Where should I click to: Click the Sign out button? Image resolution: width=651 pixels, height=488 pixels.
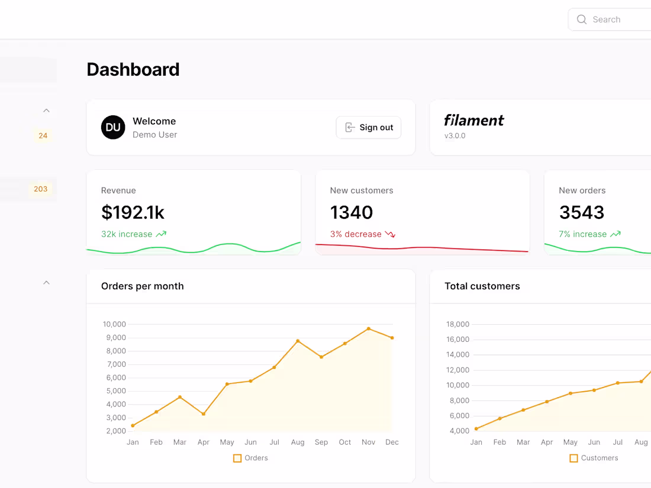(x=369, y=127)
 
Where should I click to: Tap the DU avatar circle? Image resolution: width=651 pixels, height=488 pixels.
(x=113, y=127)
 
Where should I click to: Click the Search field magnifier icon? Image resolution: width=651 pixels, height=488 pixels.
(x=582, y=20)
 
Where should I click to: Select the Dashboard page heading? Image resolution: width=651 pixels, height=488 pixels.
(x=133, y=70)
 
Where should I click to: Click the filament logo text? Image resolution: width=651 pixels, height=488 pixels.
(x=474, y=121)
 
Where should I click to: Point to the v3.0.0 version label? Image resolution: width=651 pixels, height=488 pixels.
(x=455, y=135)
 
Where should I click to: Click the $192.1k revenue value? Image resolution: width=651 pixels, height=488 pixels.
(x=133, y=212)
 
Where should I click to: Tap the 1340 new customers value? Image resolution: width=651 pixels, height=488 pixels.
(x=352, y=212)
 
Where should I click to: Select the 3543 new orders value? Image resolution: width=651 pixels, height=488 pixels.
(x=581, y=212)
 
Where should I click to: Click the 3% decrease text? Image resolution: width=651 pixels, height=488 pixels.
(x=356, y=234)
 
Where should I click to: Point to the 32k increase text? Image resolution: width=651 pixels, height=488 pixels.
(x=127, y=234)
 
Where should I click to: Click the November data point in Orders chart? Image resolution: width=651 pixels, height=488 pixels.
(x=369, y=329)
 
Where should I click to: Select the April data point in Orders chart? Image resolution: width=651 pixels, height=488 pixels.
(x=204, y=414)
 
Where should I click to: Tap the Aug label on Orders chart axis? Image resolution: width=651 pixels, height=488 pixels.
(x=298, y=442)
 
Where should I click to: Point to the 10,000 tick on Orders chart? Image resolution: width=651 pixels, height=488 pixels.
(x=114, y=324)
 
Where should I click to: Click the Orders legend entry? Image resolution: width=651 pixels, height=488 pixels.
(x=250, y=458)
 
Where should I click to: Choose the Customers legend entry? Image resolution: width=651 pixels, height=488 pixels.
(x=594, y=458)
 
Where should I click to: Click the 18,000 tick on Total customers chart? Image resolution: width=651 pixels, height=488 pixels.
(x=457, y=324)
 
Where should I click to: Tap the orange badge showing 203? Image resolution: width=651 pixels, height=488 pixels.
(x=41, y=189)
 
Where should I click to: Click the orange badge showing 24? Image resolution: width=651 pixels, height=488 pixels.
(x=43, y=135)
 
